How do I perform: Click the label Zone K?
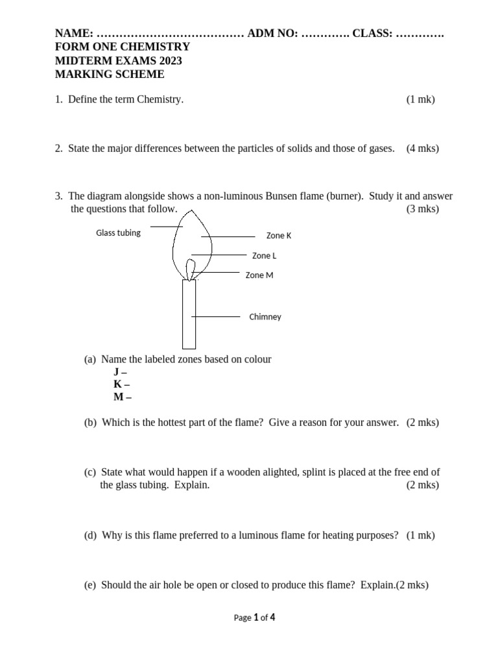pyautogui.click(x=279, y=236)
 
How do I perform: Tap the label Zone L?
pyautogui.click(x=264, y=256)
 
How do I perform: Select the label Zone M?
pyautogui.click(x=259, y=275)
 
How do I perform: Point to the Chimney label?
pyautogui.click(x=265, y=317)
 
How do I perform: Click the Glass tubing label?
pyautogui.click(x=118, y=232)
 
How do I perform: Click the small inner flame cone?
pyautogui.click(x=190, y=269)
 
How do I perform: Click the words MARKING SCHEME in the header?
pyautogui.click(x=110, y=74)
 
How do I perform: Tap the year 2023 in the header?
pyautogui.click(x=169, y=60)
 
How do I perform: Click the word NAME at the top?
pyautogui.click(x=73, y=33)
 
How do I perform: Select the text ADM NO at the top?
pyautogui.click(x=272, y=33)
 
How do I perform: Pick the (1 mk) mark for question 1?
pyautogui.click(x=420, y=99)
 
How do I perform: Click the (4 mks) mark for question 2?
pyautogui.click(x=422, y=148)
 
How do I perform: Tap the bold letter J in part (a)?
pyautogui.click(x=117, y=372)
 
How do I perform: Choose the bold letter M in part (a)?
pyautogui.click(x=119, y=397)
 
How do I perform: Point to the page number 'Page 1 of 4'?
pyautogui.click(x=254, y=618)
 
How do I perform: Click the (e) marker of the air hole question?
pyautogui.click(x=90, y=584)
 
